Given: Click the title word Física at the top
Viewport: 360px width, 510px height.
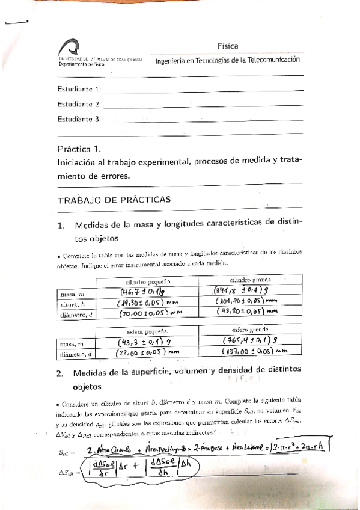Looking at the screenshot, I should click(228, 46).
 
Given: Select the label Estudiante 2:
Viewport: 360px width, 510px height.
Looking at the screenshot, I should click(79, 104).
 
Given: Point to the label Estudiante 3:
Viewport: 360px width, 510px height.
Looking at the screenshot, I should click(79, 119).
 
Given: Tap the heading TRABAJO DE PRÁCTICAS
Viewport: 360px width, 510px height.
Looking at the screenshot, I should click(114, 199).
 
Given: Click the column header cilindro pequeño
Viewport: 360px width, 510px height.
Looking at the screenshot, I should click(148, 281).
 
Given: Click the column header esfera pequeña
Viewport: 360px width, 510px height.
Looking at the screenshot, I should click(147, 331).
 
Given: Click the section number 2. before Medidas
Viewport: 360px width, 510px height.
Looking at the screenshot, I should click(60, 373).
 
